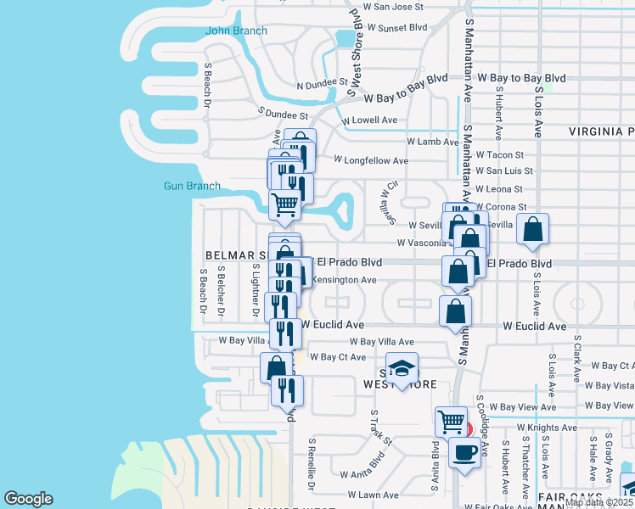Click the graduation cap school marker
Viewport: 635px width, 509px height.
tap(402, 368)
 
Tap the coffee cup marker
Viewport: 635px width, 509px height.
tap(464, 453)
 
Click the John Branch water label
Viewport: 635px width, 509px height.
tap(236, 31)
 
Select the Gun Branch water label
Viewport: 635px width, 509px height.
tap(192, 187)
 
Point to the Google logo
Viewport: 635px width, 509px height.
tap(28, 499)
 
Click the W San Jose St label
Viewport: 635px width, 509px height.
tap(393, 7)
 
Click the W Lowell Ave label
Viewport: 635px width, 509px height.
tap(370, 120)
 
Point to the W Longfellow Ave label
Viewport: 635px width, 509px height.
tap(371, 160)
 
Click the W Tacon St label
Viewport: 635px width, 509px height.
tap(499, 155)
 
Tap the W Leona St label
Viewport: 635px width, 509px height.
tap(499, 189)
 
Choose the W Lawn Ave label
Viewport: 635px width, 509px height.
tap(373, 495)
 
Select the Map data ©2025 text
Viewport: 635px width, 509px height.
tap(598, 502)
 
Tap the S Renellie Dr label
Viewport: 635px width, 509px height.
tap(312, 464)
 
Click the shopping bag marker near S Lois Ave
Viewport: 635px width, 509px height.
tap(532, 230)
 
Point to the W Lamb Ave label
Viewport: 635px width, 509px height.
tap(433, 142)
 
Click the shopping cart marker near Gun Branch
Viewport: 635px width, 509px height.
tap(285, 204)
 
